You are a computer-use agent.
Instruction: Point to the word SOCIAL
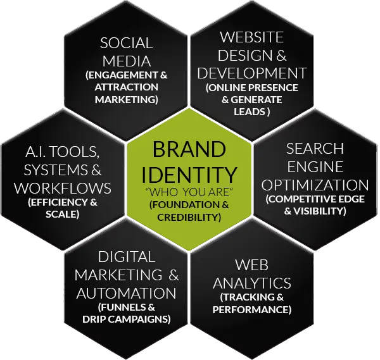pyautogui.click(x=127, y=44)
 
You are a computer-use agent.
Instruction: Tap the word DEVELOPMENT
pyautogui.click(x=253, y=73)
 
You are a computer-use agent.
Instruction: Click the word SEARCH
pyautogui.click(x=315, y=149)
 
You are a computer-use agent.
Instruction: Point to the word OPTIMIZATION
pyautogui.click(x=315, y=185)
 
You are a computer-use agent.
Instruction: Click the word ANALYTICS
pyautogui.click(x=252, y=282)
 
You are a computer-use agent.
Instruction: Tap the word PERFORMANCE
pyautogui.click(x=252, y=310)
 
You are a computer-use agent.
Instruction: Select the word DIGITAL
pyautogui.click(x=127, y=257)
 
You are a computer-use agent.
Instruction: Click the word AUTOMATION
pyautogui.click(x=126, y=294)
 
